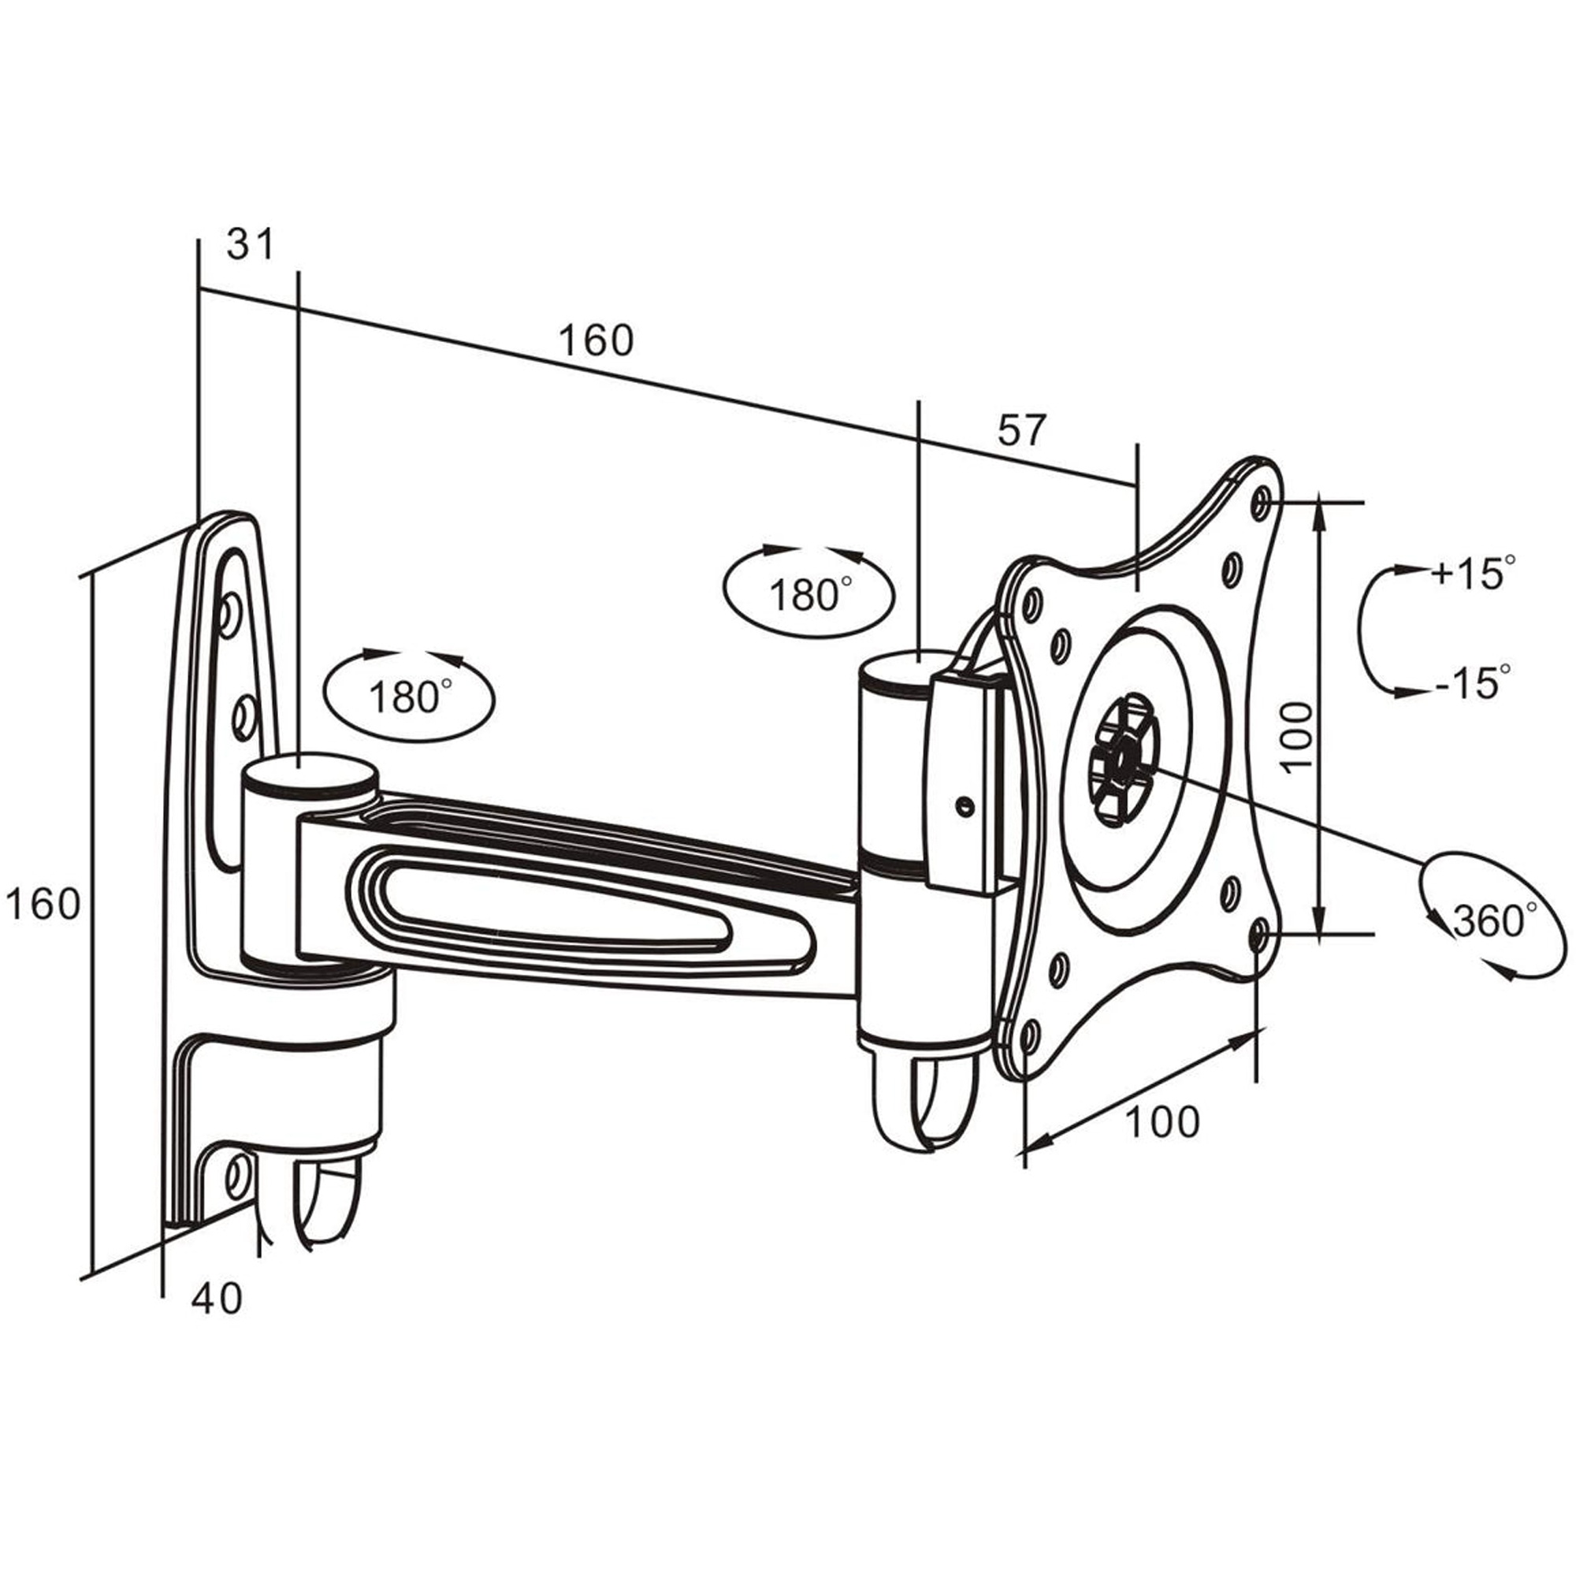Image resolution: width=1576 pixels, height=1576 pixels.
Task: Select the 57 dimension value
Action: (1021, 430)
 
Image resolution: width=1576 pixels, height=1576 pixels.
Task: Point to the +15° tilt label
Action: (1475, 573)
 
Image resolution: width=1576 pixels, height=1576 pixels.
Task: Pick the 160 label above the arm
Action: (596, 340)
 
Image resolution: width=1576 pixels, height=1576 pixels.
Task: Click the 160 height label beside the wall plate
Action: (43, 904)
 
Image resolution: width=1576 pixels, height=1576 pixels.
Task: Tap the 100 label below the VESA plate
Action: (1162, 1121)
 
